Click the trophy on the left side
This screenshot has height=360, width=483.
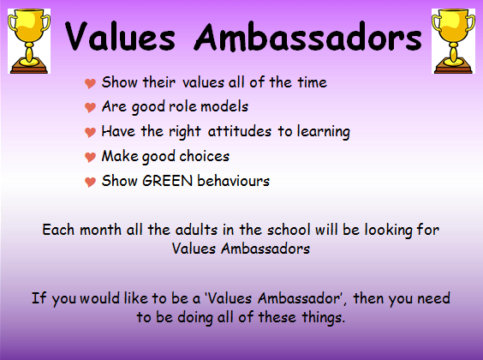[29, 41]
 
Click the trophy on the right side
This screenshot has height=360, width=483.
[453, 41]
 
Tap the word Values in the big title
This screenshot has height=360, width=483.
[120, 37]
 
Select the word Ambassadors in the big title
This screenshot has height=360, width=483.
[308, 37]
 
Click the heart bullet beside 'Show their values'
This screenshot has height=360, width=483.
[90, 83]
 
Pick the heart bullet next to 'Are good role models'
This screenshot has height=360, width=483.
[90, 107]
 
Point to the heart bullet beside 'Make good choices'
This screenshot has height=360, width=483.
[90, 157]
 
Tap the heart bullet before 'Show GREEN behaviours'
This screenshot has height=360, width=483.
[90, 182]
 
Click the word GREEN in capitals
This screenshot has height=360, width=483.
[167, 181]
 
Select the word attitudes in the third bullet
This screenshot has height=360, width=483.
[240, 132]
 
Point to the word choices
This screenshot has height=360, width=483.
[205, 156]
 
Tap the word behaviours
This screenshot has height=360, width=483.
[234, 181]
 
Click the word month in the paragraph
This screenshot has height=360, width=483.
[100, 230]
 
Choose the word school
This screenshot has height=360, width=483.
[289, 230]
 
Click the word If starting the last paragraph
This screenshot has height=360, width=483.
[39, 298]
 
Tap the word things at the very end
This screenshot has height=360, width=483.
[323, 317]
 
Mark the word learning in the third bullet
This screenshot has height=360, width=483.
[324, 132]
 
